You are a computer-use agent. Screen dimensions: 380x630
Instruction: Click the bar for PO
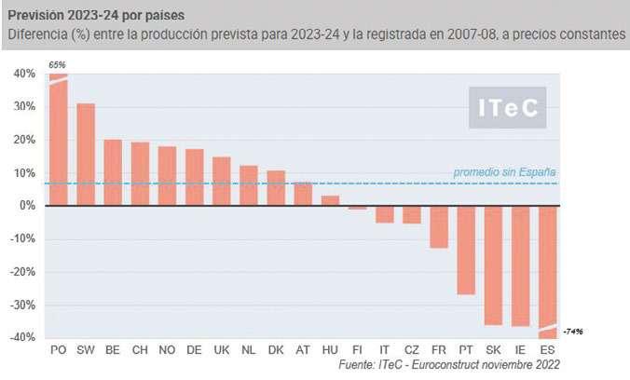pos(58,140)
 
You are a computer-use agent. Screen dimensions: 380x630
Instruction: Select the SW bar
pos(86,155)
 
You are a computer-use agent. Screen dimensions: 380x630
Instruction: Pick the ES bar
pos(548,270)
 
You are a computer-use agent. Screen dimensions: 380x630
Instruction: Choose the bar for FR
pos(439,226)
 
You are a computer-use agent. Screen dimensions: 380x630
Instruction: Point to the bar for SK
pos(493,265)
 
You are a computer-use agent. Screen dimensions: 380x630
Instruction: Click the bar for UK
pos(222,182)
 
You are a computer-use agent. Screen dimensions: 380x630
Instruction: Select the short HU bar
pos(330,200)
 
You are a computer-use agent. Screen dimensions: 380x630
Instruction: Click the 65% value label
pos(58,64)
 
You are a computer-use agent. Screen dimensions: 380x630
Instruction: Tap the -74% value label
pos(573,332)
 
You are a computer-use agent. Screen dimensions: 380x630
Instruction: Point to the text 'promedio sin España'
pos(504,172)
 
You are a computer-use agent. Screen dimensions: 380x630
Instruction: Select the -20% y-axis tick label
pos(22,272)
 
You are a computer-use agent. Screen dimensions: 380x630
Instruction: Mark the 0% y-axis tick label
pos(27,206)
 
